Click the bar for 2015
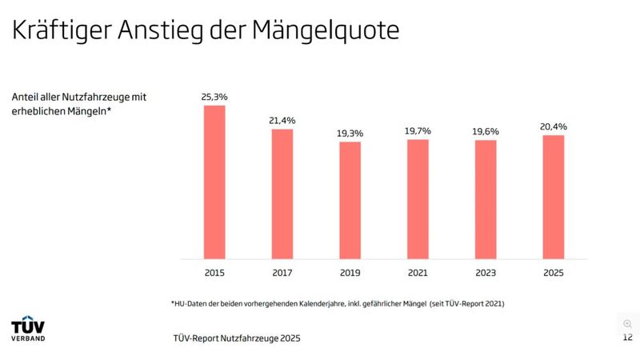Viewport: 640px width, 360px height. [x=214, y=182]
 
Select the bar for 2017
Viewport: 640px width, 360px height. [x=282, y=194]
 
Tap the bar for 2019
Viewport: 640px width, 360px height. [x=350, y=200]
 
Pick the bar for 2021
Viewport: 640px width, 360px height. [x=418, y=199]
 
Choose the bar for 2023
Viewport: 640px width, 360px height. [x=486, y=199]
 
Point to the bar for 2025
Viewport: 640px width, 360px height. [x=554, y=197]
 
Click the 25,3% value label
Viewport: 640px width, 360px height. [x=214, y=97]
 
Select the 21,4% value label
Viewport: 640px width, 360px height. [x=282, y=120]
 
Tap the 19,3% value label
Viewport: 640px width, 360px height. [x=350, y=133]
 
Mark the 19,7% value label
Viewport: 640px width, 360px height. [x=418, y=130]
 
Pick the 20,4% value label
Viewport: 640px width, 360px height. [x=554, y=126]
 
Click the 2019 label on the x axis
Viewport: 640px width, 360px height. [x=350, y=274]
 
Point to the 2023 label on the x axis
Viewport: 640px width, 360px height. [x=486, y=274]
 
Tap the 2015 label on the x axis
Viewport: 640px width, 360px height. [x=214, y=274]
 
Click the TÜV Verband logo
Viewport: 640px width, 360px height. [x=28, y=329]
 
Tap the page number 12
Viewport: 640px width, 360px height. [x=627, y=338]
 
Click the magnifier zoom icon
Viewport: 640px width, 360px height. [x=627, y=323]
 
